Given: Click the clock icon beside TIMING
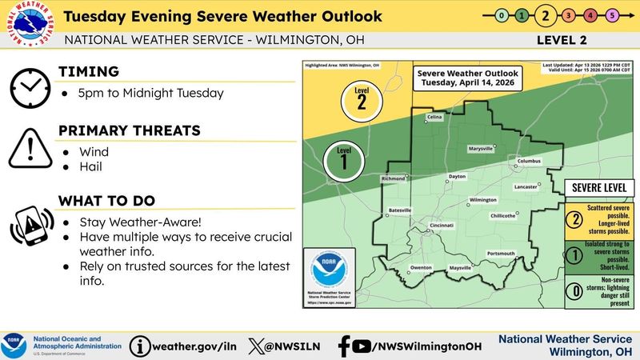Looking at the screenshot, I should [x=30, y=87].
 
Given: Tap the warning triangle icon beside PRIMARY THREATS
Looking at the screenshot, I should [x=30, y=147].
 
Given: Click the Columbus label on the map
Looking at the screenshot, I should [x=530, y=161].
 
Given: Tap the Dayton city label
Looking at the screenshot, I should [x=457, y=176].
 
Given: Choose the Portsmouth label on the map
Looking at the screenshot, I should [x=501, y=254].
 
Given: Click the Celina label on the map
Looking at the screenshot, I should [x=434, y=117].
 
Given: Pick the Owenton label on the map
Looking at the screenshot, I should [x=421, y=267].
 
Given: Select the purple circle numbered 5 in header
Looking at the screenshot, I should [x=612, y=15].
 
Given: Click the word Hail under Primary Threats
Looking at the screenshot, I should [x=91, y=167].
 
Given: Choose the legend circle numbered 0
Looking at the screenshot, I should [x=573, y=294].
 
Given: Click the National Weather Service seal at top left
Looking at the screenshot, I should [x=30, y=29].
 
